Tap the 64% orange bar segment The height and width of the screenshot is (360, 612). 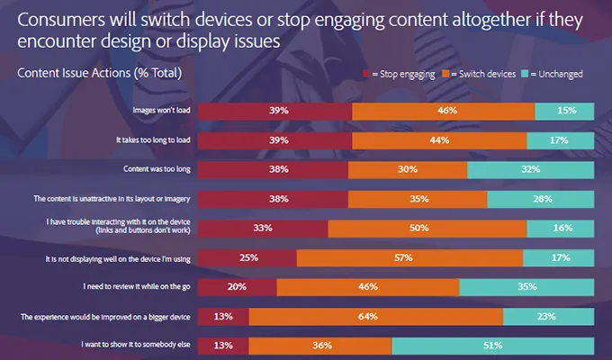pos(375,317)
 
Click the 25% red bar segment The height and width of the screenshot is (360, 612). pos(247,258)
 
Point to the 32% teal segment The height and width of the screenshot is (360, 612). pos(531,170)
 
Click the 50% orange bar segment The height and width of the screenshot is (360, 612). pos(418,229)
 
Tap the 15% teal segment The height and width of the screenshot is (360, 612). pos(564,112)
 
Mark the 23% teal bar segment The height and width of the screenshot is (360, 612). pos(548,317)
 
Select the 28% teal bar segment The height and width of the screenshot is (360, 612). pos(540,199)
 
